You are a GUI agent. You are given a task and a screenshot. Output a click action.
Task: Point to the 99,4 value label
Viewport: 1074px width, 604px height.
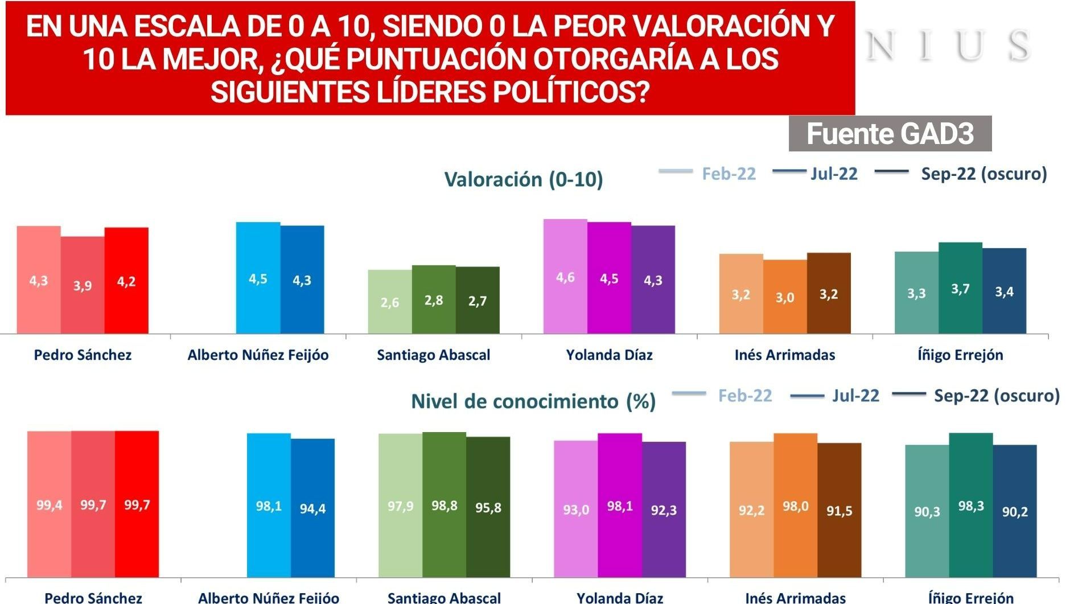click(x=50, y=505)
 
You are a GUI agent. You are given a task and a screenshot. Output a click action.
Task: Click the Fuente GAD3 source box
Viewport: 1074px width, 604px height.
click(x=890, y=134)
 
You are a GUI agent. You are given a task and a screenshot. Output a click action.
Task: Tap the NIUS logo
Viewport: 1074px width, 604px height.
click(x=948, y=46)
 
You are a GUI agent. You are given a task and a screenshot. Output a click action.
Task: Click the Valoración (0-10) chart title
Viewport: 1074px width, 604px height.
click(x=523, y=179)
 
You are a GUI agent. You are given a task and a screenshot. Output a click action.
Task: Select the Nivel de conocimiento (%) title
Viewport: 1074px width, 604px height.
click(x=533, y=401)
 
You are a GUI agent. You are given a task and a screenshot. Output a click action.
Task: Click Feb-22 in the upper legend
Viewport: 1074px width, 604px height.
click(x=728, y=174)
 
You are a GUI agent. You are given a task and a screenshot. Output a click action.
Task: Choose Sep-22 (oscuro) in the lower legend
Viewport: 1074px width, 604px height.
click(x=996, y=395)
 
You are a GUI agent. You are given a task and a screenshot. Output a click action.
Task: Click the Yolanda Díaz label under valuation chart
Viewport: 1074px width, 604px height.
click(x=609, y=355)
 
